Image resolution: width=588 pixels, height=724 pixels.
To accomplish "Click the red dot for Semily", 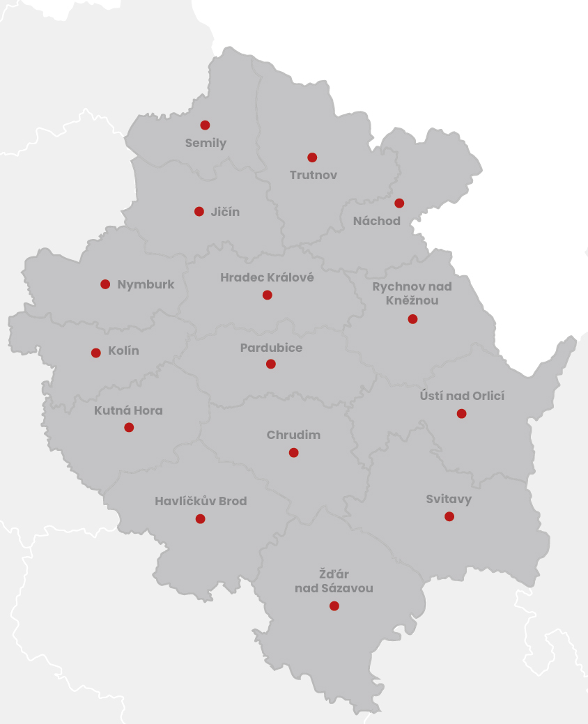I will pyautogui.click(x=205, y=125).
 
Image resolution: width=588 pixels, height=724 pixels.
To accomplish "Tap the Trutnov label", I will pyautogui.click(x=314, y=175).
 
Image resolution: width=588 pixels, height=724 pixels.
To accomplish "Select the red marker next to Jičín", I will pyautogui.click(x=199, y=211).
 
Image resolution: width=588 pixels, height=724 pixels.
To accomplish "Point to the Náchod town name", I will pyautogui.click(x=376, y=221).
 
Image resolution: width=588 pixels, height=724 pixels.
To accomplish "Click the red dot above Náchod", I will pyautogui.click(x=399, y=203).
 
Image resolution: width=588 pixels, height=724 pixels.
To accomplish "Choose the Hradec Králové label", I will pyautogui.click(x=267, y=277).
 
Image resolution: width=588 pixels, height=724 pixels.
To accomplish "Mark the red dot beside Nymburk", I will pyautogui.click(x=105, y=284).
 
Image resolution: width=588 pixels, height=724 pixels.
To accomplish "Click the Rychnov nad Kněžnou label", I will pyautogui.click(x=412, y=293).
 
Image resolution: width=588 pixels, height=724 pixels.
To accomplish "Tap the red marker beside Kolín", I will pyautogui.click(x=96, y=353).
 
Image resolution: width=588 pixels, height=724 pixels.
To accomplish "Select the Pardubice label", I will pyautogui.click(x=271, y=347).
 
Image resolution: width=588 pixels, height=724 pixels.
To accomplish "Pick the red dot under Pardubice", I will pyautogui.click(x=271, y=364).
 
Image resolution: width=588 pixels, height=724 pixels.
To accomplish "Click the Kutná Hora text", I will pyautogui.click(x=128, y=410).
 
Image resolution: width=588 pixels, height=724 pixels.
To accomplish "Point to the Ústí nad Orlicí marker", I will pyautogui.click(x=461, y=414).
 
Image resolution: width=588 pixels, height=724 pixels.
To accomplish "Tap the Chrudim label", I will pyautogui.click(x=293, y=435).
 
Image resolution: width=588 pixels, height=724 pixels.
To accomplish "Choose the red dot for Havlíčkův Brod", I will pyautogui.click(x=201, y=518).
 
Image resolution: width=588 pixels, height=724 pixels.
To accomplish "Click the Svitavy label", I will pyautogui.click(x=449, y=499).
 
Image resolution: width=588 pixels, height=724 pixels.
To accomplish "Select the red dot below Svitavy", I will pyautogui.click(x=449, y=516).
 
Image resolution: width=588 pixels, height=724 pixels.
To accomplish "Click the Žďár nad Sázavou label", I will pyautogui.click(x=333, y=581).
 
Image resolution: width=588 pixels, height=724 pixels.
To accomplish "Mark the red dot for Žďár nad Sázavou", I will pyautogui.click(x=334, y=606).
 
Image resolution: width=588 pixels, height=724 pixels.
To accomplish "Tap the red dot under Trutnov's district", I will pyautogui.click(x=312, y=157).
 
